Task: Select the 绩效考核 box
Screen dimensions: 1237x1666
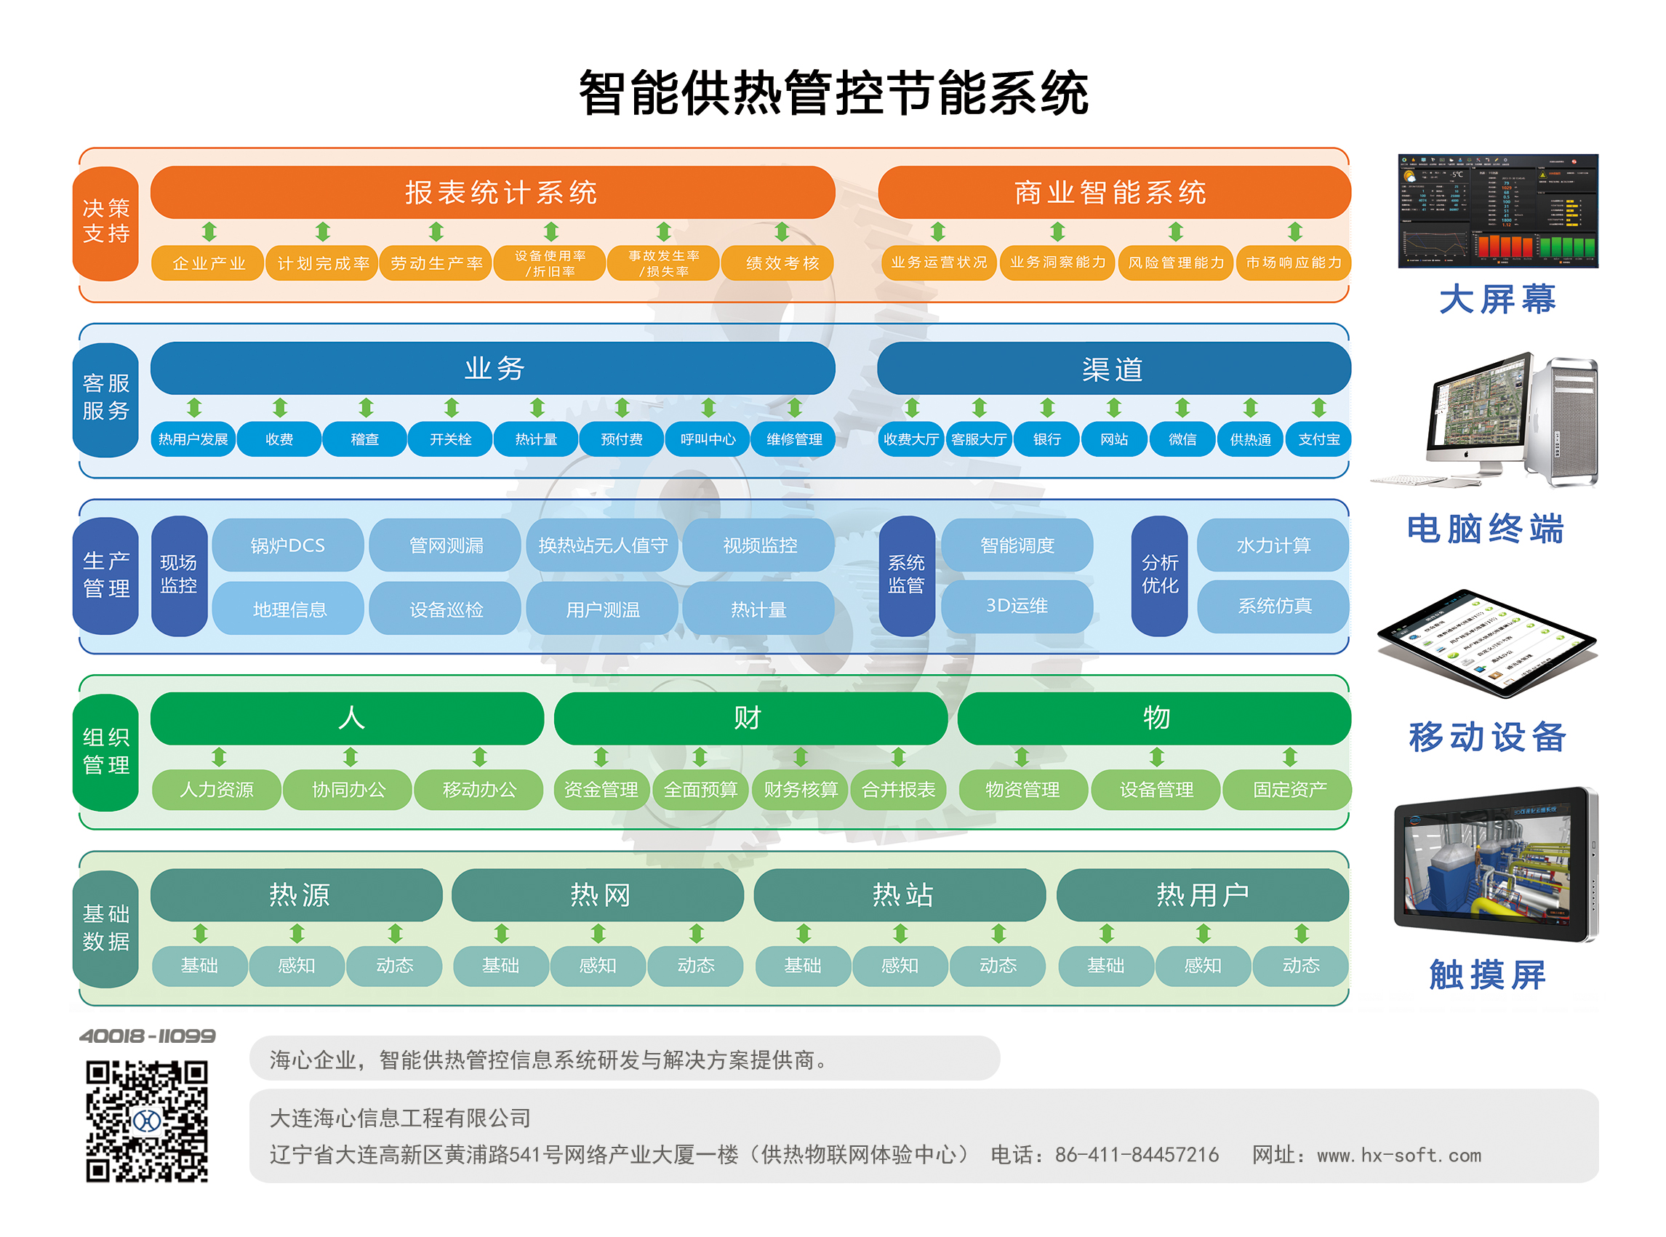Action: click(781, 263)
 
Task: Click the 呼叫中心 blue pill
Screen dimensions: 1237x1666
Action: click(707, 439)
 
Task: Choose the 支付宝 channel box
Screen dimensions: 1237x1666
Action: click(1317, 439)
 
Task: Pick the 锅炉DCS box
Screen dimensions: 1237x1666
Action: click(287, 545)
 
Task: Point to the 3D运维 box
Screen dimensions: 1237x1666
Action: click(1015, 605)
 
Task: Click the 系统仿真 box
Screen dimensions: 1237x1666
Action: click(1273, 605)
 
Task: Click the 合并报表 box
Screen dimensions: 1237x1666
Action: click(898, 789)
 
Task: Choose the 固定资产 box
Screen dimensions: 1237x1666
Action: click(1288, 789)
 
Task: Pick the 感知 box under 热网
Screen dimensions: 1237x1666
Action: click(597, 965)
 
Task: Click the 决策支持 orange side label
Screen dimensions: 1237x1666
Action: click(105, 222)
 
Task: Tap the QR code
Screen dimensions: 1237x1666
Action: click(147, 1120)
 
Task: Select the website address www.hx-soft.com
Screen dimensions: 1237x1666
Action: click(1398, 1155)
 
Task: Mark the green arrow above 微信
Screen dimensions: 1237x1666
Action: click(1182, 407)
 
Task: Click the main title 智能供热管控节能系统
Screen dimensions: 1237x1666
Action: click(833, 94)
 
